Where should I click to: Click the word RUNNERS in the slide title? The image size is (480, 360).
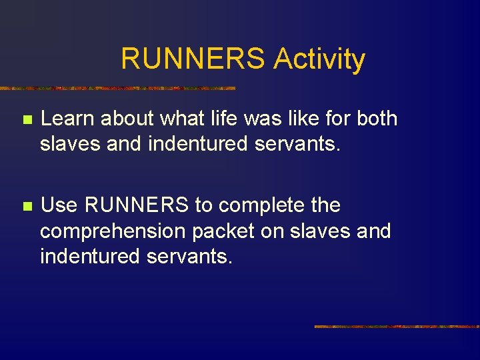tap(194, 59)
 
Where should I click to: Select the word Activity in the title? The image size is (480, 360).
tap(319, 59)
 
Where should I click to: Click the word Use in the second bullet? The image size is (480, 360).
tap(59, 205)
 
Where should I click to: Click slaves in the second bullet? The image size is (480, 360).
tap(325, 231)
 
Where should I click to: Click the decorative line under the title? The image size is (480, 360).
tap(117, 88)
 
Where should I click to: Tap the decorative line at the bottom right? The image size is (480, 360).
tap(397, 327)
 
